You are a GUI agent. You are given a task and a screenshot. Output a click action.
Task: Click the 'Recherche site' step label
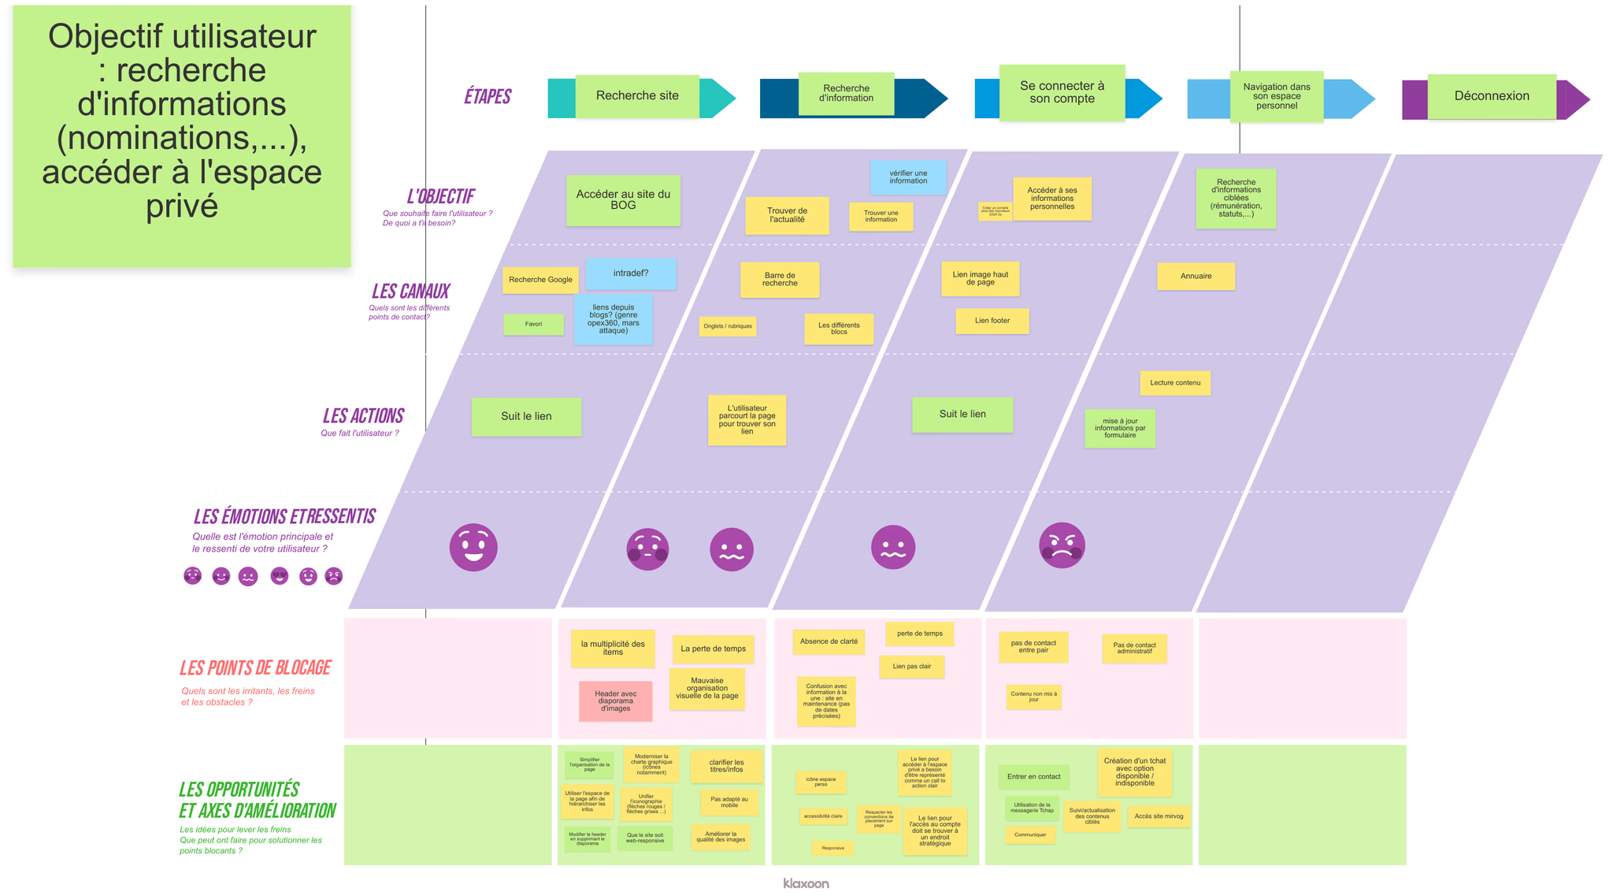tap(637, 96)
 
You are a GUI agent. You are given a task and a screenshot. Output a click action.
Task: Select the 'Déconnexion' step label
tap(1491, 96)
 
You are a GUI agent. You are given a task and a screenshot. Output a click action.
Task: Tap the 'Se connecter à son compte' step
tap(1062, 92)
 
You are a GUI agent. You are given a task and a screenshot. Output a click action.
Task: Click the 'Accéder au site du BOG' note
tap(623, 200)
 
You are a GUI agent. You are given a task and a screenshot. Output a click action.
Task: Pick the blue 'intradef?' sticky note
tap(630, 273)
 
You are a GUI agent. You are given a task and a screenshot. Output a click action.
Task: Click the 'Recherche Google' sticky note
tap(540, 280)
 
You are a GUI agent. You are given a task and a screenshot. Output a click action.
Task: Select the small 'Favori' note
tap(533, 324)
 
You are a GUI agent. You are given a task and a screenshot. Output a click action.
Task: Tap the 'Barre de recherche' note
tap(780, 280)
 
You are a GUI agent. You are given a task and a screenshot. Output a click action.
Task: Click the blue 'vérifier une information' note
tap(908, 177)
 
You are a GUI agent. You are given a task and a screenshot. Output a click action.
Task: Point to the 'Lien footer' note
tap(992, 321)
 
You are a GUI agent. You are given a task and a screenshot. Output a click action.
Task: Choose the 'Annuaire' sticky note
tap(1196, 277)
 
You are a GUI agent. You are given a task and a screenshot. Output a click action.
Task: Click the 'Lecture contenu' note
tap(1174, 383)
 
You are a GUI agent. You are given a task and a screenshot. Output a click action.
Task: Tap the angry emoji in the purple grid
tap(1062, 545)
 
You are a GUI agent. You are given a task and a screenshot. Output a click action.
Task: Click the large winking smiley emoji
tap(473, 547)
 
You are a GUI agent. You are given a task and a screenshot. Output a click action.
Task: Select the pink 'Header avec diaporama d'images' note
tap(615, 701)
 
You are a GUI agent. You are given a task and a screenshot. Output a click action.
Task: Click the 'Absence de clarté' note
tap(829, 641)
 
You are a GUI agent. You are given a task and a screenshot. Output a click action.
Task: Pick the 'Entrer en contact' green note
tap(1033, 777)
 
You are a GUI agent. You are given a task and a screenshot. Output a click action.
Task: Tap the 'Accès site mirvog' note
tap(1159, 816)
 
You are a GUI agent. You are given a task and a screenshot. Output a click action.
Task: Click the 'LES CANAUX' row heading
tap(410, 292)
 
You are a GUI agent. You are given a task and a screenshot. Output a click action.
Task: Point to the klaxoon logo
tap(806, 883)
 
